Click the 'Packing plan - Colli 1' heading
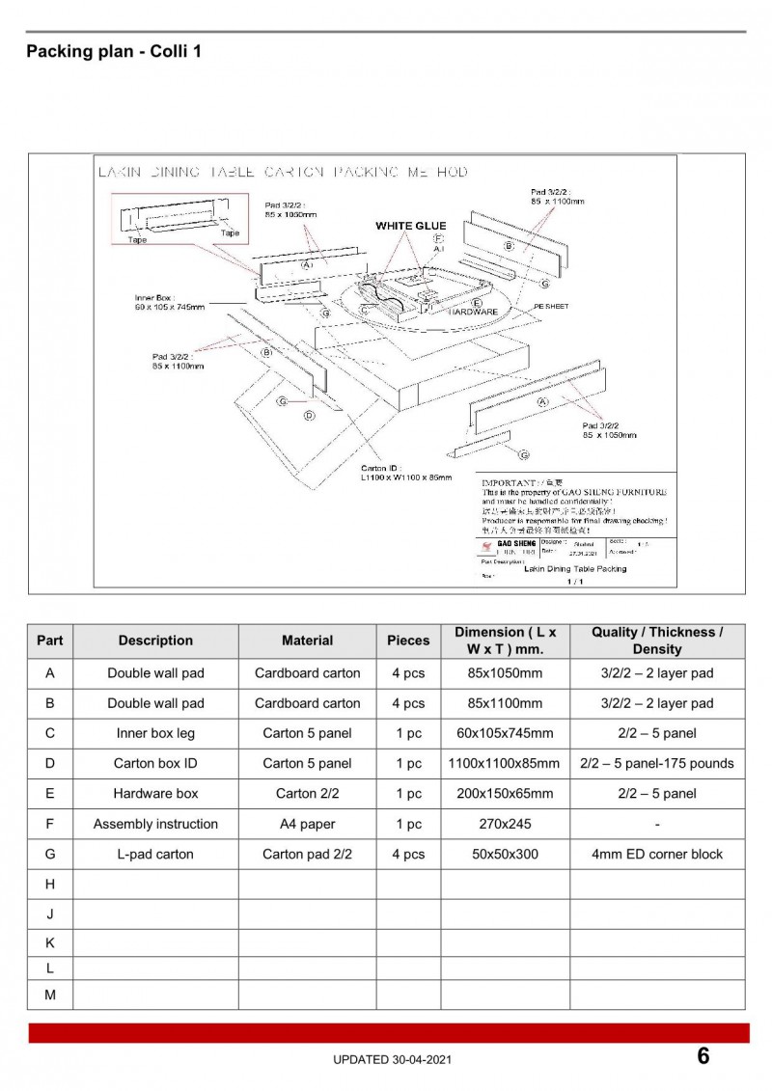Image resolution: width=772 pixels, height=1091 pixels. (x=114, y=52)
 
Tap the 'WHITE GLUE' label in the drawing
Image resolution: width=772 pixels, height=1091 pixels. (x=410, y=226)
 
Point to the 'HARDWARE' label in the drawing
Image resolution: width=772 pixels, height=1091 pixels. (x=473, y=312)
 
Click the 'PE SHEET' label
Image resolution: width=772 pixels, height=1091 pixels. (x=551, y=306)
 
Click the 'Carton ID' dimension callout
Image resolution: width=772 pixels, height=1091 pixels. (x=405, y=472)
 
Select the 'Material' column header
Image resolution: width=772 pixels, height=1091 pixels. (x=307, y=641)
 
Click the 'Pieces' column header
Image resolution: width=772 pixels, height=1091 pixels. (x=408, y=641)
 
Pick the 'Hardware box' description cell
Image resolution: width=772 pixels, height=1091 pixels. (x=155, y=794)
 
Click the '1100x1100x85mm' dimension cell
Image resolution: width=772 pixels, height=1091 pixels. (x=504, y=763)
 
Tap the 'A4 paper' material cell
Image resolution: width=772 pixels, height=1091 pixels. (x=307, y=824)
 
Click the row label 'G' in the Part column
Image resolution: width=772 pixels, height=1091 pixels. (x=49, y=854)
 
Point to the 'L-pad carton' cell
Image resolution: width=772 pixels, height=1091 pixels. (x=155, y=854)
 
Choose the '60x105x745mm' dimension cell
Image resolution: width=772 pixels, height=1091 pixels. (x=504, y=733)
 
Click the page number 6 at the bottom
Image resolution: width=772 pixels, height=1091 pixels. (x=703, y=1056)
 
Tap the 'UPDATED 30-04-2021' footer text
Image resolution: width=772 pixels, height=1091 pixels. (x=391, y=1059)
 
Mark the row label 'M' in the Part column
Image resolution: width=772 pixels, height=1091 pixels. (x=49, y=995)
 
